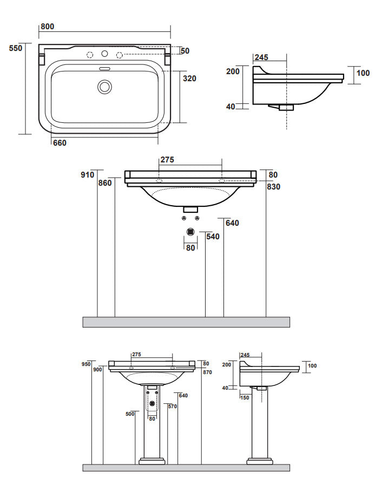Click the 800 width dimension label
47,27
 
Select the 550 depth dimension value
16,48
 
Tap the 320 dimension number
189,78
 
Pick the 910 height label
88,175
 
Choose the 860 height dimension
105,183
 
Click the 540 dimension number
213,237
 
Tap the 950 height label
85,364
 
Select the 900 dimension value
97,370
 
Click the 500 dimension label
129,414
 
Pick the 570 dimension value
173,407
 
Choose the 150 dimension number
245,397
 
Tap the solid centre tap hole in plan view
105,54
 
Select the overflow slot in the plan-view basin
104,69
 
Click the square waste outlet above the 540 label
190,232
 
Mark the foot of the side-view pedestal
260,462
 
